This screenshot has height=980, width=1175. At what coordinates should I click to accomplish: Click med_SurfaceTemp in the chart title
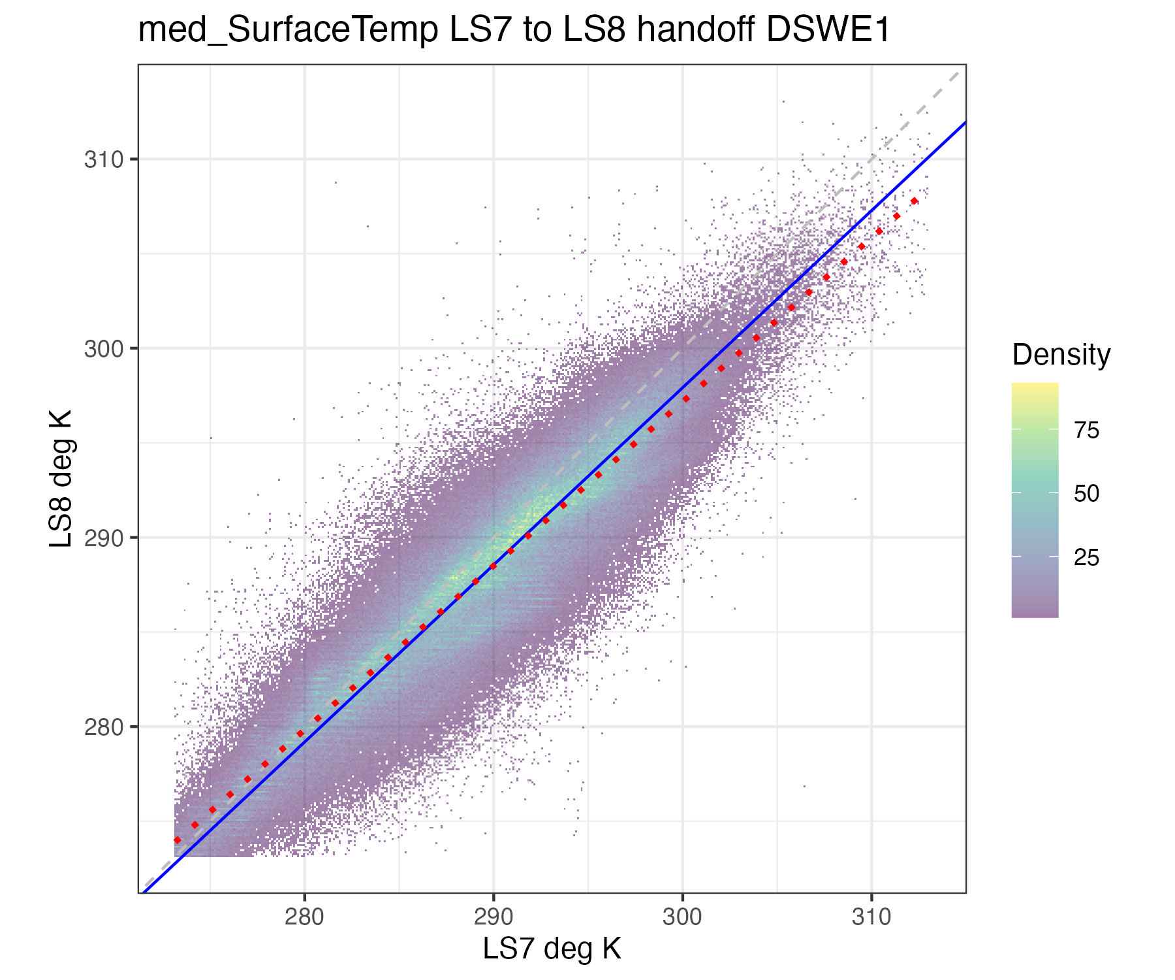tap(288, 29)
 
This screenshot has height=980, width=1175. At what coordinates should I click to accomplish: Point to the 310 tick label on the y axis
tap(103, 159)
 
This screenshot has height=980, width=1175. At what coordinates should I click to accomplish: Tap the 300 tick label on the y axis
tap(103, 349)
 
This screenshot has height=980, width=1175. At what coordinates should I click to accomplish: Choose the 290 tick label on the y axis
tap(103, 538)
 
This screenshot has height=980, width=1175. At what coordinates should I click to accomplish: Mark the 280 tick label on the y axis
tap(103, 727)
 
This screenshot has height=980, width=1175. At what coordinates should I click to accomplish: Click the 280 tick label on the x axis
tap(304, 917)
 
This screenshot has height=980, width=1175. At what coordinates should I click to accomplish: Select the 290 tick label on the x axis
tap(493, 917)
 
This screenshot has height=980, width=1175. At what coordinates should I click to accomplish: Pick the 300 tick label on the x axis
tap(682, 917)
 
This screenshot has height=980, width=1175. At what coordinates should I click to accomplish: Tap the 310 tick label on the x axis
tap(871, 917)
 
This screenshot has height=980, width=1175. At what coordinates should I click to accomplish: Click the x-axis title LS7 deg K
tap(552, 949)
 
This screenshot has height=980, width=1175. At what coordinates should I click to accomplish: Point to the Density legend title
tap(1061, 355)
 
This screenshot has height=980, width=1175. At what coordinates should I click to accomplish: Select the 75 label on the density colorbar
tap(1086, 430)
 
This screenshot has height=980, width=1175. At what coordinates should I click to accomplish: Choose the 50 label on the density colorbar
tap(1086, 493)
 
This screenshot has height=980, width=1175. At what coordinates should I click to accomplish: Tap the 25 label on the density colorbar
tap(1086, 557)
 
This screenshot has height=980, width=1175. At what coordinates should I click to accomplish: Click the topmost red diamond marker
tap(914, 201)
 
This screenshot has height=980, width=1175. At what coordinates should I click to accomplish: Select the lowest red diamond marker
tap(177, 840)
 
